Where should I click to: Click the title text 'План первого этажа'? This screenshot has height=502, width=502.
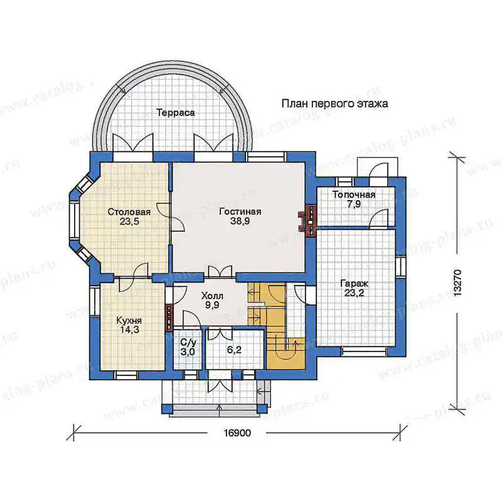point(334,104)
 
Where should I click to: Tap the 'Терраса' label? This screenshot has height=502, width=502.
point(176,113)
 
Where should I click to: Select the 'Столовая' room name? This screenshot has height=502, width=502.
point(129,212)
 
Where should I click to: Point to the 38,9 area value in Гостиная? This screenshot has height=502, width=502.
point(240,221)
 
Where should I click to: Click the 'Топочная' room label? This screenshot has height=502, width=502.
point(354,195)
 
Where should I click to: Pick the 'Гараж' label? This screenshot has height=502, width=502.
point(354,284)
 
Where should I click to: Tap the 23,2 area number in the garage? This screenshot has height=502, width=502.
point(354,293)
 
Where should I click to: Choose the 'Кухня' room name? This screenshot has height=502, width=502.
point(129,321)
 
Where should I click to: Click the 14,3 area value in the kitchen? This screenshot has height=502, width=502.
point(129,330)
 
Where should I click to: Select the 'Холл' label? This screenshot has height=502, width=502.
point(212,296)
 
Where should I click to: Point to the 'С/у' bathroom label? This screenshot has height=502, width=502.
point(188,343)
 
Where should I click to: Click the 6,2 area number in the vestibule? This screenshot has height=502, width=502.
point(234,350)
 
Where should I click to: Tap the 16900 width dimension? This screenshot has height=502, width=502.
point(237,433)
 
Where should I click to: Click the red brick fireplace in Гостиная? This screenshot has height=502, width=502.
point(307,220)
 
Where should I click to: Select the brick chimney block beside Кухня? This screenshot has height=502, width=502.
point(169,317)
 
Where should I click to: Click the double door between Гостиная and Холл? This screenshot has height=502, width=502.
point(220,272)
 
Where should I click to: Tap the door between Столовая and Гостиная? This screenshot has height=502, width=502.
point(171,216)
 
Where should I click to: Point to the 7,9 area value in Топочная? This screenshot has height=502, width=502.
point(354,205)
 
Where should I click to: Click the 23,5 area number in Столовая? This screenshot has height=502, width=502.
point(129,222)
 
